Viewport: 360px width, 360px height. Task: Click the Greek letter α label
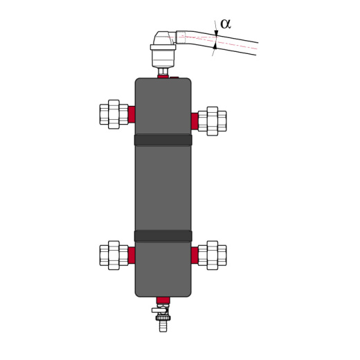226,24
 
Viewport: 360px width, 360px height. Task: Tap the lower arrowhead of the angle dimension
215,46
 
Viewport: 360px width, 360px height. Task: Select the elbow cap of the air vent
165,37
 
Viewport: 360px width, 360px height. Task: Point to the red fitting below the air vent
163,76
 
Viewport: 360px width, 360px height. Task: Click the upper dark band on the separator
163,140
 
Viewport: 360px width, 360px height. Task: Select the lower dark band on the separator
163,236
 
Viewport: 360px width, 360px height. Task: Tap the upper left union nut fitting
114,114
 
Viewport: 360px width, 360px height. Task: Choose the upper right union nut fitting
213,120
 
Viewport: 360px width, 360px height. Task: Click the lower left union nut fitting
114,255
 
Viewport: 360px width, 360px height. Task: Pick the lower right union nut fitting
213,255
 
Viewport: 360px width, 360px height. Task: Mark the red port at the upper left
132,114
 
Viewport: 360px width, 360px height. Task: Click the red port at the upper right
195,121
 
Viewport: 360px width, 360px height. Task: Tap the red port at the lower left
132,255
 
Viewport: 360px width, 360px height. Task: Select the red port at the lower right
195,255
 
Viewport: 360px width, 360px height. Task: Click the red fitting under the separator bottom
163,300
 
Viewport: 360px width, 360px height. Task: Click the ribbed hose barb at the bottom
163,325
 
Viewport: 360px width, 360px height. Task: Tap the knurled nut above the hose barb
163,317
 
